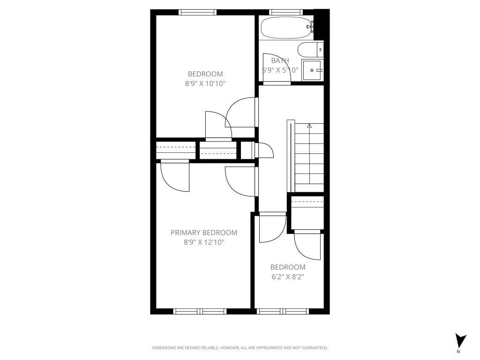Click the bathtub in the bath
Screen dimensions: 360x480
[286, 28]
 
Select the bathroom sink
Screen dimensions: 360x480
[312, 70]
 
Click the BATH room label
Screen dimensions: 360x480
[280, 60]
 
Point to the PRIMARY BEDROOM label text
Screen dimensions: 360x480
[203, 232]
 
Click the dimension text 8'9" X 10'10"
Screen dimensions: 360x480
[205, 84]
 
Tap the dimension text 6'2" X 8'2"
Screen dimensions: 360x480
[288, 277]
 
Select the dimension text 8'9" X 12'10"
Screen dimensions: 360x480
[204, 242]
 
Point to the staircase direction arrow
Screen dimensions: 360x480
[309, 126]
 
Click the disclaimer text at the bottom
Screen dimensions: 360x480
[240, 348]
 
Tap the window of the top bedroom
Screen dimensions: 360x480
[198, 12]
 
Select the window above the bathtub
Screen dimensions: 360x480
[286, 12]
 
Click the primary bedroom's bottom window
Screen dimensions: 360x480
[200, 311]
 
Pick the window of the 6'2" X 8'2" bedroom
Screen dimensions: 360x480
[283, 311]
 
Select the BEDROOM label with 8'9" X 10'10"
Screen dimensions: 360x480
[205, 74]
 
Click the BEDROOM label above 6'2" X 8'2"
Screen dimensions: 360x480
[288, 267]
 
